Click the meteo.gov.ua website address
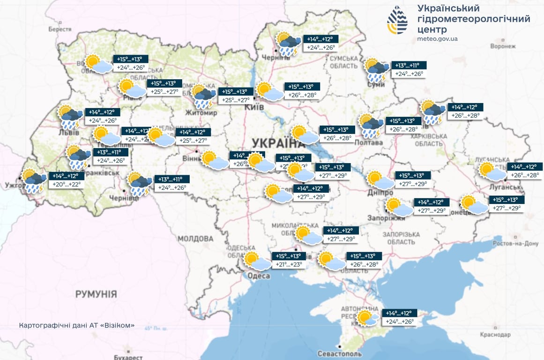(x=437, y=39)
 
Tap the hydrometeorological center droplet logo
(x=397, y=20)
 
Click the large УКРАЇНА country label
(x=277, y=143)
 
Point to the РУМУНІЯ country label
(x=96, y=294)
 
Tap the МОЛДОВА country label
(x=195, y=239)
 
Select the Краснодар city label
(x=495, y=335)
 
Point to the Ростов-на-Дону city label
(x=515, y=244)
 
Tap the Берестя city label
(x=60, y=29)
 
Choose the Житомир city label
(x=202, y=113)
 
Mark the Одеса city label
(x=259, y=277)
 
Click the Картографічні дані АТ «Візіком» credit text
(x=77, y=325)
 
